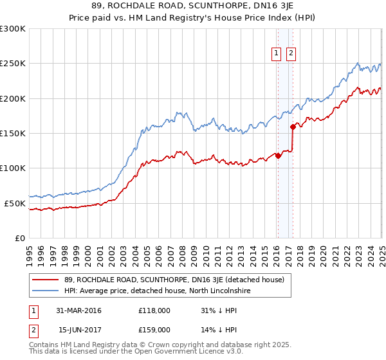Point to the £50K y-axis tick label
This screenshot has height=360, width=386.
pyautogui.click(x=14, y=203)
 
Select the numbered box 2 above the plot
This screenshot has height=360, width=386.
pyautogui.click(x=291, y=53)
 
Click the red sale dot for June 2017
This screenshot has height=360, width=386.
pyautogui.click(x=293, y=127)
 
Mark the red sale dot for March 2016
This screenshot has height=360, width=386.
pyautogui.click(x=278, y=156)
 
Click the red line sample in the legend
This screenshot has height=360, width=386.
pyautogui.click(x=46, y=280)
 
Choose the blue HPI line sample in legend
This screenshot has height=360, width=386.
pyautogui.click(x=46, y=291)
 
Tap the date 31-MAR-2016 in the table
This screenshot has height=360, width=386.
pyautogui.click(x=78, y=310)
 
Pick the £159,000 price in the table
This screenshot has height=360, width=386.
pyautogui.click(x=154, y=329)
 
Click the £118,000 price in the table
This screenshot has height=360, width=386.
pyautogui.click(x=154, y=310)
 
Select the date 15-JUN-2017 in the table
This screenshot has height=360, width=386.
pyautogui.click(x=78, y=329)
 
